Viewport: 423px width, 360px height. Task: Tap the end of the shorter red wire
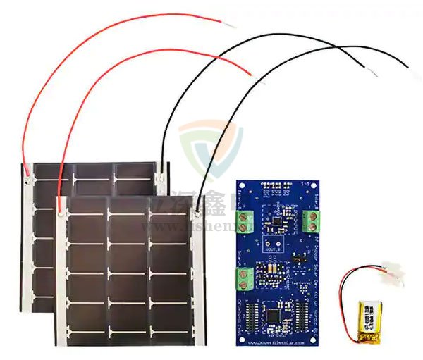click(248, 73)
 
